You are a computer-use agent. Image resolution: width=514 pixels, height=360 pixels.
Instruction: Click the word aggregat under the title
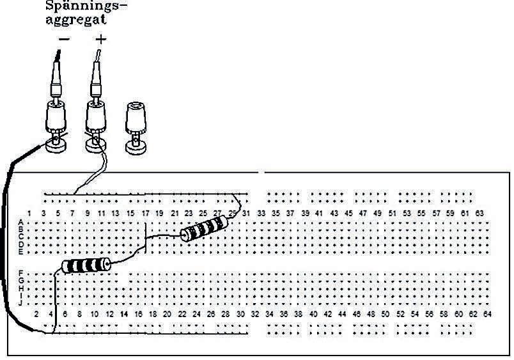pyautogui.click(x=76, y=19)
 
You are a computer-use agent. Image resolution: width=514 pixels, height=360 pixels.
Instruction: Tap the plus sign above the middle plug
pyautogui.click(x=100, y=40)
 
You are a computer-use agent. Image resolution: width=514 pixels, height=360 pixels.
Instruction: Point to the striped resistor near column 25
pyautogui.click(x=204, y=228)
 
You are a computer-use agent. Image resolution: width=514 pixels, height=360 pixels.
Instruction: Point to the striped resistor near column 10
pyautogui.click(x=86, y=265)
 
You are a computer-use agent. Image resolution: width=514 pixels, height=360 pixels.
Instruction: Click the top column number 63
pyautogui.click(x=479, y=212)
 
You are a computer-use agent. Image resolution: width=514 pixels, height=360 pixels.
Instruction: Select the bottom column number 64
pyautogui.click(x=487, y=314)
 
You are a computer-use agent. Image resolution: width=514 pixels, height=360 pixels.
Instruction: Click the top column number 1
pyautogui.click(x=29, y=212)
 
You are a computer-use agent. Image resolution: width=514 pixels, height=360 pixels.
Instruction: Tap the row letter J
pyautogui.click(x=22, y=302)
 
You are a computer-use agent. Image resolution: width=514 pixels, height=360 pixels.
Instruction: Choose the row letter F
pyautogui.click(x=22, y=274)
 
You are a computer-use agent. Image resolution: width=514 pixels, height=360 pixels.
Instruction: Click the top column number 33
pyautogui.click(x=261, y=212)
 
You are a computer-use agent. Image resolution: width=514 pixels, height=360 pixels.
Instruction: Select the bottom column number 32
pyautogui.click(x=254, y=314)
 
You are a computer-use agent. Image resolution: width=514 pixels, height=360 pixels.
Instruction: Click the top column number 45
pyautogui.click(x=348, y=212)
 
